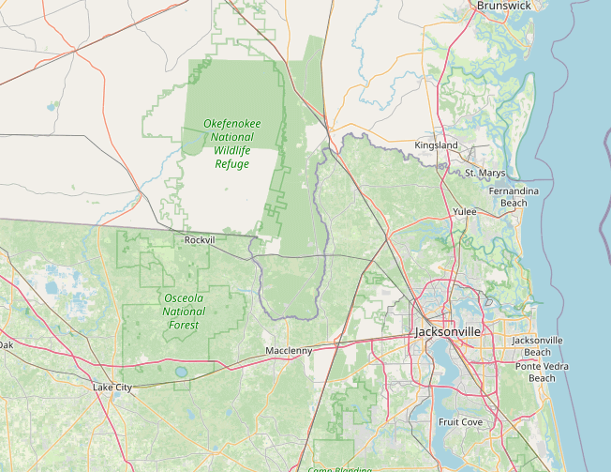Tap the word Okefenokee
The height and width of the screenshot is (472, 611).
232,124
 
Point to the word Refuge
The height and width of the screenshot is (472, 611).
232,164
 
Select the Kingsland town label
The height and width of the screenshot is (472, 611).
437,146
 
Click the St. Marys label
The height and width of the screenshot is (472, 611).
484,174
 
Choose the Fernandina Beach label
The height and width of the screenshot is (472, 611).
514,197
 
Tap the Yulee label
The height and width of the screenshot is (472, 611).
465,212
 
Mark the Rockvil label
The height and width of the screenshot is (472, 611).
200,240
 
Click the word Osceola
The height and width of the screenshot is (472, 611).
184,298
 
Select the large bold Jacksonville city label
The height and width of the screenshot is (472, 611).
448,332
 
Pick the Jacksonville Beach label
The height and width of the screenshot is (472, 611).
537,345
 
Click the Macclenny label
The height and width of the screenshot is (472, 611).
288,351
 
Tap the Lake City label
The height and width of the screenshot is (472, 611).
112,388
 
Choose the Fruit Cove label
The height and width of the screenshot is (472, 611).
460,422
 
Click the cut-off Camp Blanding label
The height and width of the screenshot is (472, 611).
334,468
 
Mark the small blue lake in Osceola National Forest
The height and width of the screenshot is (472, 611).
180,373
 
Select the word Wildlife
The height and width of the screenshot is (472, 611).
232,150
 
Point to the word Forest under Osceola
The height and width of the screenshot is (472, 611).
184,325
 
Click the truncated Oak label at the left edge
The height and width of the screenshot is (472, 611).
7,345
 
